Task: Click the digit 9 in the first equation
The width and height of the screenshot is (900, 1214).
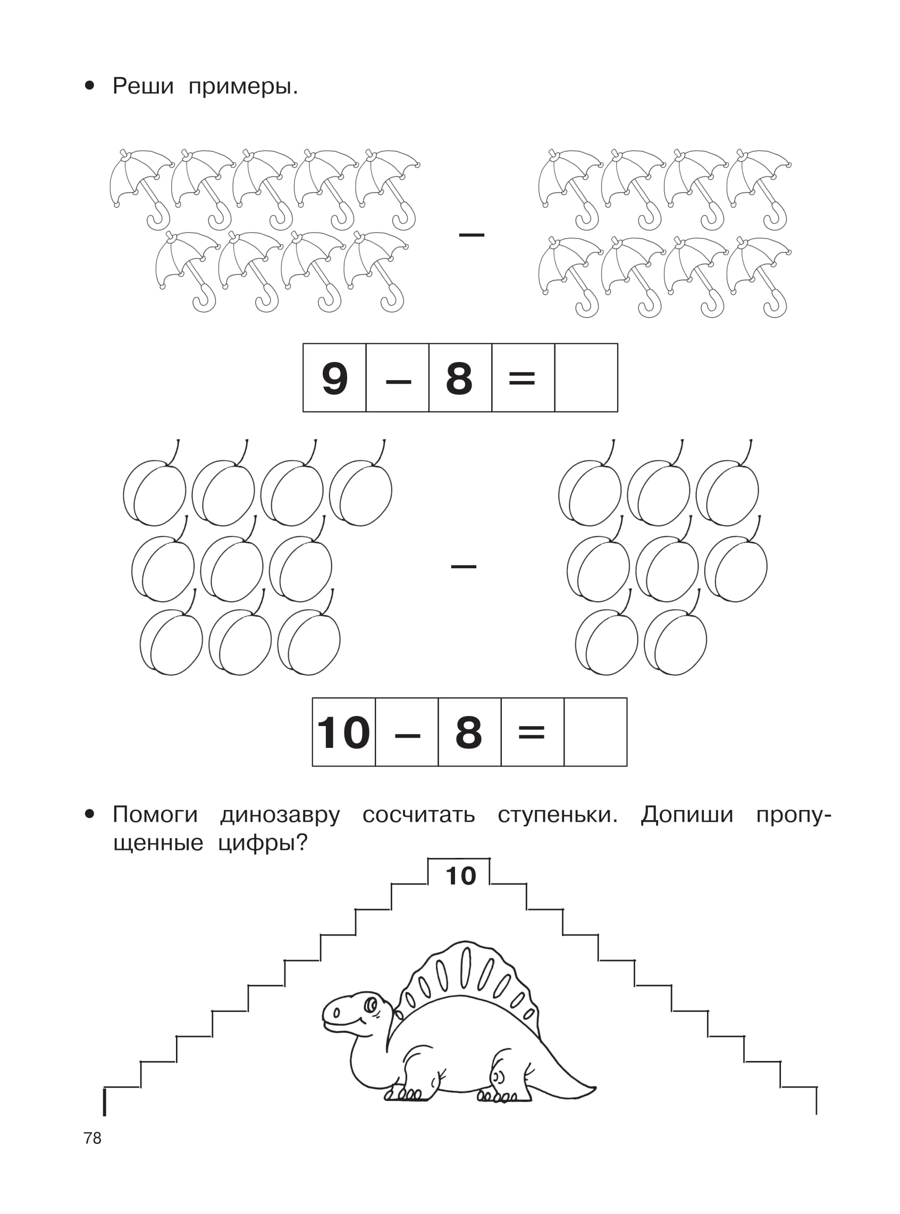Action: pyautogui.click(x=334, y=378)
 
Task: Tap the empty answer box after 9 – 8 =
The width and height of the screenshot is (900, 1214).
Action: pyautogui.click(x=586, y=378)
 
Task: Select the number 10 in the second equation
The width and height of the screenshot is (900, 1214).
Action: pyautogui.click(x=343, y=732)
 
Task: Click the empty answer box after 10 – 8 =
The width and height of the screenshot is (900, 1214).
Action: pyautogui.click(x=595, y=732)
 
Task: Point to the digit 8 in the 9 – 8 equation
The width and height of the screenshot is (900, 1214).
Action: pyautogui.click(x=459, y=378)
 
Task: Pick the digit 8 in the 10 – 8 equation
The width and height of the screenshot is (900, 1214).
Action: pyautogui.click(x=468, y=732)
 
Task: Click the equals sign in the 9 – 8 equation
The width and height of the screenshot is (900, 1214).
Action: pyautogui.click(x=522, y=378)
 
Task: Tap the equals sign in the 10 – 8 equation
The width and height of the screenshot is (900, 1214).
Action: pyautogui.click(x=531, y=732)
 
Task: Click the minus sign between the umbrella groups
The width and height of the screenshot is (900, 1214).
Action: pyautogui.click(x=471, y=235)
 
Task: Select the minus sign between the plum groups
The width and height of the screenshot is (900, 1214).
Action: pyautogui.click(x=463, y=567)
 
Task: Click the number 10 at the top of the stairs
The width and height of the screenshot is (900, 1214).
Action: pyautogui.click(x=460, y=876)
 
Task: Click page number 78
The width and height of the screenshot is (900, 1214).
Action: pyautogui.click(x=92, y=1138)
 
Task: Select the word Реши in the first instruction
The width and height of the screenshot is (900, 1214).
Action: pyautogui.click(x=143, y=86)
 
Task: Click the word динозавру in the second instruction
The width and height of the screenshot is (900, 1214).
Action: pyautogui.click(x=280, y=815)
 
